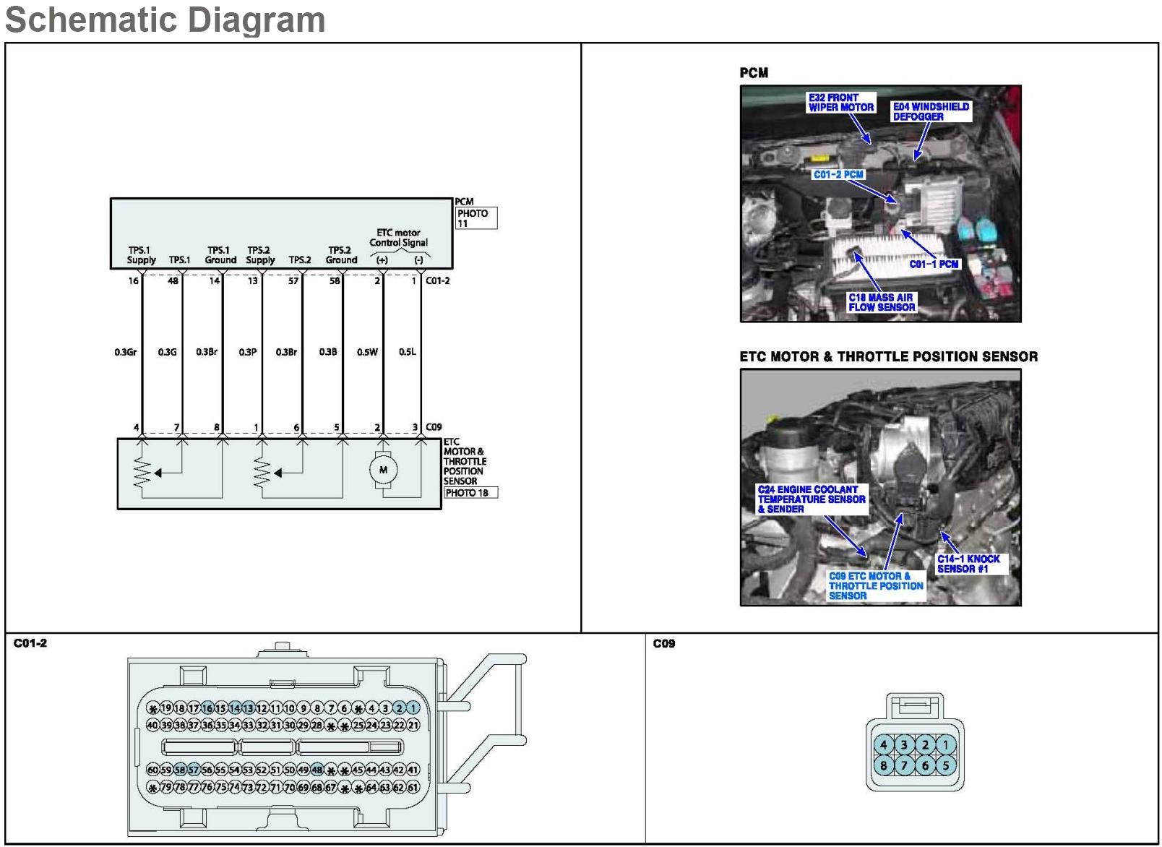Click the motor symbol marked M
383,470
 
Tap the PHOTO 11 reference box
475,218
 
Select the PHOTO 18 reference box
470,493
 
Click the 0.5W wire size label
367,353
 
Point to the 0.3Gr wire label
125,353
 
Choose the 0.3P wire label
247,353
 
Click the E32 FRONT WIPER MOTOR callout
841,103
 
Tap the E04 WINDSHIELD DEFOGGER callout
931,111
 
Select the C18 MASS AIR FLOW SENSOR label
882,302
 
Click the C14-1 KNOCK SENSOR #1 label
968,564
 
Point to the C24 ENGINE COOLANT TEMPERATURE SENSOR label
811,499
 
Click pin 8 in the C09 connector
883,765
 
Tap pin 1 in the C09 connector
945,745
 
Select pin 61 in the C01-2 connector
413,788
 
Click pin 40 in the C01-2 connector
152,725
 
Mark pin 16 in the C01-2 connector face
207,708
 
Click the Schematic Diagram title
165,20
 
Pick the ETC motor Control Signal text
399,238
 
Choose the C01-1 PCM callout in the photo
934,265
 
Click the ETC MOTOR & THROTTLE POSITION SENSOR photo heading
888,357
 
